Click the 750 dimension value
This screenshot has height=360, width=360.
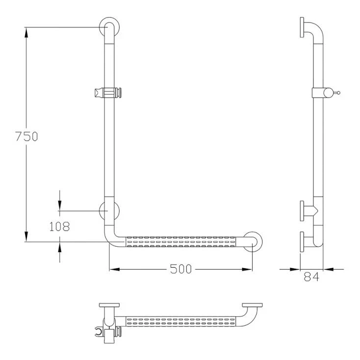tap(26, 136)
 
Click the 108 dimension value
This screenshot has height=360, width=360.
tap(59, 226)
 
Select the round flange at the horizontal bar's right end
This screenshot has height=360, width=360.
tap(253, 241)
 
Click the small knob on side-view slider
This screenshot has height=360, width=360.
tap(337, 92)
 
